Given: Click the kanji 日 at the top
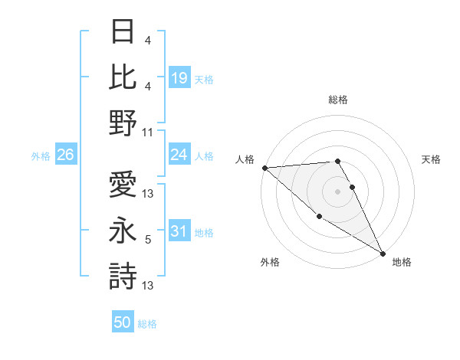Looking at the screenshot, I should coord(123,32).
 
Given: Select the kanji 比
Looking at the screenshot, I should coord(123,77).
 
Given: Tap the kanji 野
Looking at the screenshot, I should coord(123,123).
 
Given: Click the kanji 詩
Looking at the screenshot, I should coord(123,276).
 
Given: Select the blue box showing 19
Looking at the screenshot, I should coord(179,77).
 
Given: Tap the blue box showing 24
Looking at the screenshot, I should coord(179,155).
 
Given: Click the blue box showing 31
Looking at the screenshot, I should coord(179,232).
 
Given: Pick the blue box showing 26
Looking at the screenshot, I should coord(66,155).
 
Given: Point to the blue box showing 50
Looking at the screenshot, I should coord(123,323).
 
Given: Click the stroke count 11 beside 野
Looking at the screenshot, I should coord(148,132).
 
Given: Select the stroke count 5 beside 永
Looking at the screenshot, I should coord(148,240).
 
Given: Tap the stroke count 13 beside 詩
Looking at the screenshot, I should coord(148,286).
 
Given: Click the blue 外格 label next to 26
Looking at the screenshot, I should coord(41,156).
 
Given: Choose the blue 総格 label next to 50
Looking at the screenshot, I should coord(148,324).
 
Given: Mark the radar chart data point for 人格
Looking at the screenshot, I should coord(264,167).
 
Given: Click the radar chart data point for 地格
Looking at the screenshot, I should coord(382,253).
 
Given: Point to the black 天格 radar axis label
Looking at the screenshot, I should coord(431,159).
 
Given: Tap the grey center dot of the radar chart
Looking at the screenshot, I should coord(337,191).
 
